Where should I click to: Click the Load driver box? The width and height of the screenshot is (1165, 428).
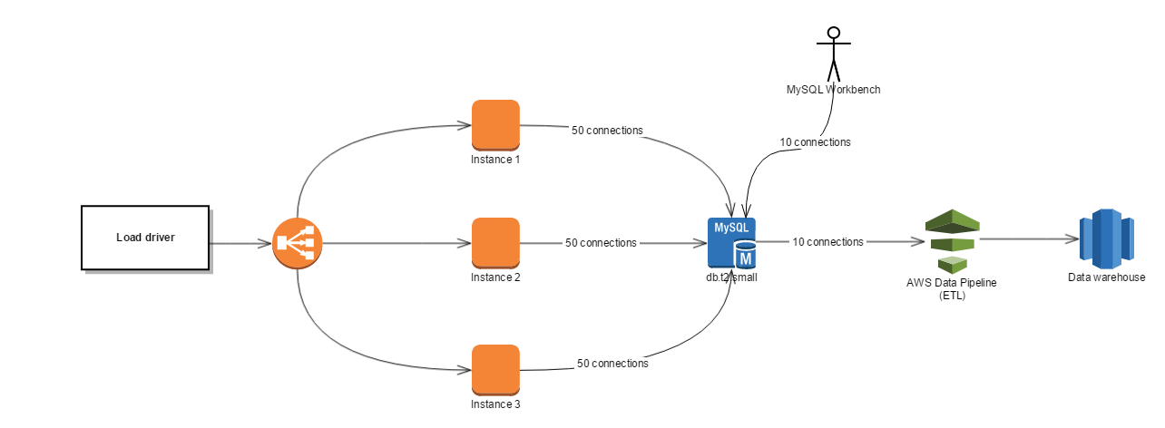coord(145,238)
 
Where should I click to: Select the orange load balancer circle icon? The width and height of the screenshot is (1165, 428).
coord(297,243)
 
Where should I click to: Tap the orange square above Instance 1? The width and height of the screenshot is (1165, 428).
coord(495,124)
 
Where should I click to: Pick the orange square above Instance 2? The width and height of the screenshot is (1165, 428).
coord(495,242)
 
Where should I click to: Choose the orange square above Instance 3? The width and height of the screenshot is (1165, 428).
coord(495,369)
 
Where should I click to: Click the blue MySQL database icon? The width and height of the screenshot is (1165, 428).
coord(732,243)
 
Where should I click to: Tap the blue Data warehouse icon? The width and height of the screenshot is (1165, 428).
coord(1105,239)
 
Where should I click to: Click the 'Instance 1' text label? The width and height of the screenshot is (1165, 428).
coord(495,160)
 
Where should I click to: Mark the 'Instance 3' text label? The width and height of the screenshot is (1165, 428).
coord(495,404)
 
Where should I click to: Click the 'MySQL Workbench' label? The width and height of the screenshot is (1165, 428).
coord(833,90)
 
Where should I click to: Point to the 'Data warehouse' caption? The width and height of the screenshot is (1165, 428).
coord(1106,278)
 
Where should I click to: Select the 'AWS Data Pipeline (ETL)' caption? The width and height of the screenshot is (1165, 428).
coord(951,288)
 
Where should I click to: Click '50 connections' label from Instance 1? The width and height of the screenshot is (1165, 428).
coord(607,131)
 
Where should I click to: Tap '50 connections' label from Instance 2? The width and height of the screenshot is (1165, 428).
coord(601,243)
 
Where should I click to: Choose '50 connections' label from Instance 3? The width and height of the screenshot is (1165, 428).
coord(612,364)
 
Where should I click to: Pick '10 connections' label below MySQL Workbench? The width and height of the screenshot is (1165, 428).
coord(815,142)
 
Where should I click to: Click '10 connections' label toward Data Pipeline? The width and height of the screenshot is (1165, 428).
coord(827,242)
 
